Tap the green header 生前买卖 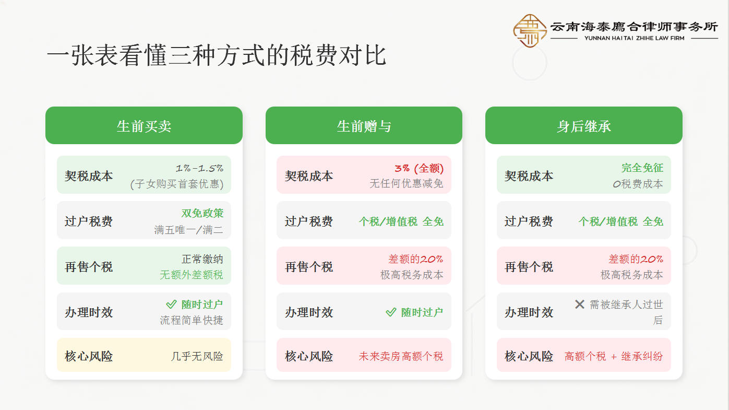[144, 126]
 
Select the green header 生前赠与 [364, 126]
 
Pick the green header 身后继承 [583, 126]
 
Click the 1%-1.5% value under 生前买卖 [199, 168]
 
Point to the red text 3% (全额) [419, 168]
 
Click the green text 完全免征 [642, 168]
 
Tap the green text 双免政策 [202, 213]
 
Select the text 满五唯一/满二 [188, 230]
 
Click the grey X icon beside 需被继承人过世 [579, 304]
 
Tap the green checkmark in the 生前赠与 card [391, 312]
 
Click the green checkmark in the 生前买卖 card [171, 304]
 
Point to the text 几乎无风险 [197, 356]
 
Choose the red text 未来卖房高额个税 [401, 356]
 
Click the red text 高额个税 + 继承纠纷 [613, 356]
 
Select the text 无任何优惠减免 [406, 184]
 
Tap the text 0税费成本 [638, 184]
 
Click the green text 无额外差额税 [191, 275]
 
